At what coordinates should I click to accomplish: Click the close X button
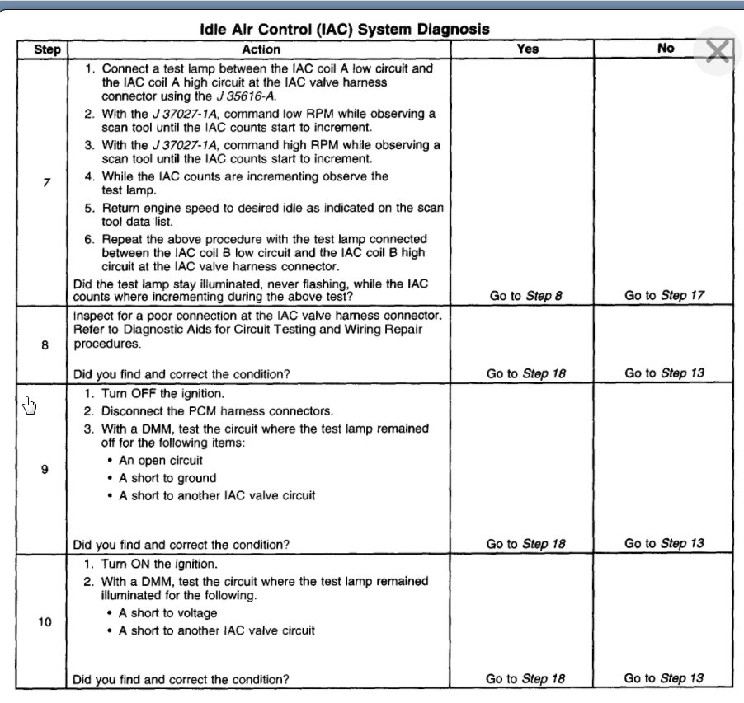[x=718, y=52]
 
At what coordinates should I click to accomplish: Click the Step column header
[x=47, y=49]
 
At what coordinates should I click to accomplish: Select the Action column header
[x=261, y=49]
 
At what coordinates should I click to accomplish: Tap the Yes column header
[x=527, y=49]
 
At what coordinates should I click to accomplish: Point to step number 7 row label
[x=46, y=182]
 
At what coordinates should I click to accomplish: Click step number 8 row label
[x=45, y=345]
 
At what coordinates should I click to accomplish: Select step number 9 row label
[x=45, y=469]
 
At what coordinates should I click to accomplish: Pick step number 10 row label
[x=45, y=621]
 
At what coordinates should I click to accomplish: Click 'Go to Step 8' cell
[x=525, y=296]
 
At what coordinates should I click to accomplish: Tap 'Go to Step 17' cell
[x=664, y=296]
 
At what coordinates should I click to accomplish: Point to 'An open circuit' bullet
[x=161, y=461]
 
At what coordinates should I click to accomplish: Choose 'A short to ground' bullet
[x=167, y=478]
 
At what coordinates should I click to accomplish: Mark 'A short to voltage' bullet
[x=168, y=613]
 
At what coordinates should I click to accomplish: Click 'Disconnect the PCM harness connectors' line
[x=205, y=410]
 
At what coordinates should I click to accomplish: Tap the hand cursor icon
[x=31, y=405]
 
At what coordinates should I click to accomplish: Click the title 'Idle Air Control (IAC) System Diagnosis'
[x=345, y=30]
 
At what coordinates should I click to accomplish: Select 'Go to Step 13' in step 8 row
[x=664, y=373]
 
